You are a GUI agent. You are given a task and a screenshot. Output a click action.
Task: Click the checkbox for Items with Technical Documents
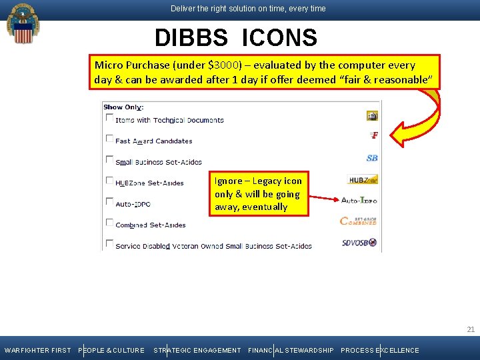click(109, 117)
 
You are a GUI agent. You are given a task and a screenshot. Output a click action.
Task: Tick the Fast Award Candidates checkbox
click(109, 138)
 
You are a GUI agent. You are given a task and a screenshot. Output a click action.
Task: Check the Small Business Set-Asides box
click(109, 159)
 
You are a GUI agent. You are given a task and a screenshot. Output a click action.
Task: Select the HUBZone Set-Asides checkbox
click(109, 180)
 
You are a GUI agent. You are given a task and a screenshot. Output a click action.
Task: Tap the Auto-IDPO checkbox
click(109, 201)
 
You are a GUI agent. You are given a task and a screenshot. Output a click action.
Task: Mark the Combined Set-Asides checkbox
click(109, 222)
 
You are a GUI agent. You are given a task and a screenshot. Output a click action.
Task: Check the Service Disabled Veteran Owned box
click(109, 243)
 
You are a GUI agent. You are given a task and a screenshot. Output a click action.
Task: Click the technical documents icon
click(372, 116)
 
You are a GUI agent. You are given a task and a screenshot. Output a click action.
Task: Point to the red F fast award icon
click(374, 135)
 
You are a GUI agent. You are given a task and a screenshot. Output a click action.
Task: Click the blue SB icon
click(372, 158)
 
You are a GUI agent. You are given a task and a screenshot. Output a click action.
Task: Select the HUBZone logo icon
click(363, 179)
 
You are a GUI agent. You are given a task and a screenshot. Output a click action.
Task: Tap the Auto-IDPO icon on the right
click(359, 200)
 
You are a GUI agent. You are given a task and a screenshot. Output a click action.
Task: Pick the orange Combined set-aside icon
click(359, 221)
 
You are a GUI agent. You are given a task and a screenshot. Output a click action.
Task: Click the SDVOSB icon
click(359, 241)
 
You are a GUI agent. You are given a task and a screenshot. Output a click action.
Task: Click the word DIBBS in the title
click(191, 38)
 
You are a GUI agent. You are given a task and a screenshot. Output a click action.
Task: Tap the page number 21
click(471, 329)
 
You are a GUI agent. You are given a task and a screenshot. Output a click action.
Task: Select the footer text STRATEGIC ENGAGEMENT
click(197, 351)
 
